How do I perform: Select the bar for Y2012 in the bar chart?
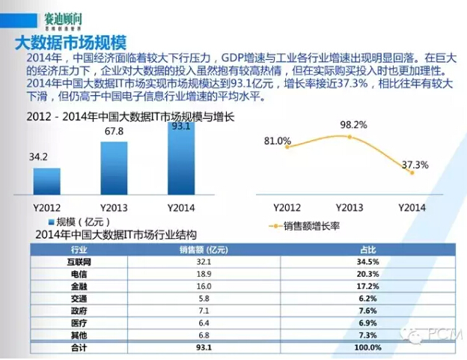click(46, 181)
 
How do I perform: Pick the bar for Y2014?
click(180, 158)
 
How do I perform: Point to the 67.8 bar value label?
click(114, 132)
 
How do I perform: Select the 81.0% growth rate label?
click(277, 141)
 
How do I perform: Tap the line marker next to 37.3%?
click(412, 173)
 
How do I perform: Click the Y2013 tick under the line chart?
click(350, 207)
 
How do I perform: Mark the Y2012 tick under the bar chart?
click(47, 207)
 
